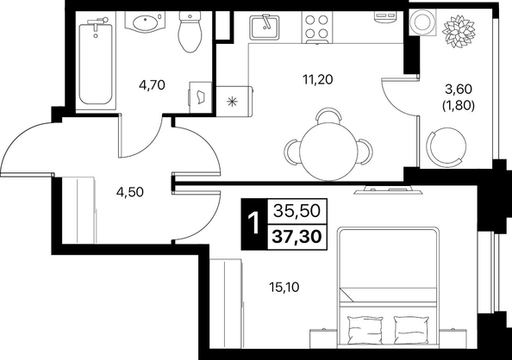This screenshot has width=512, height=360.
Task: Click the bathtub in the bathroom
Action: (97, 63)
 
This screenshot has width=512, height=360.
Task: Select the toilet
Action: (190, 32)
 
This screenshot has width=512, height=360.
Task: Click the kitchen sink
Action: (265, 27)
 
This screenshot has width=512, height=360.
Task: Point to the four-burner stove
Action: (316, 27)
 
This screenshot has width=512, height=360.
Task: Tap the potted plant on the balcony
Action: (458, 31)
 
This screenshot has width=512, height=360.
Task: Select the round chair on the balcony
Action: (446, 145)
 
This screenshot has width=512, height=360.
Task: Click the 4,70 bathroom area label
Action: (152, 85)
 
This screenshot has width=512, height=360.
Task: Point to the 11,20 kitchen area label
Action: (318, 79)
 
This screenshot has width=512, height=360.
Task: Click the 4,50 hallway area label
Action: (130, 192)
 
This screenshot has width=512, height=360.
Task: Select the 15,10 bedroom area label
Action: (284, 288)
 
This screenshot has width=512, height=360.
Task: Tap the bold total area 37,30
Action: (297, 236)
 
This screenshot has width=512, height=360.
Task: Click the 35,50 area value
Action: (297, 211)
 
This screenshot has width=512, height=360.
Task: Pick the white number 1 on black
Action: (253, 224)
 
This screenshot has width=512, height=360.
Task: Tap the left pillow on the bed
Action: (365, 329)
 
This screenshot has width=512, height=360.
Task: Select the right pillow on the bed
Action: (411, 329)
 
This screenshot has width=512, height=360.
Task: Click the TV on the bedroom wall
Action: (388, 190)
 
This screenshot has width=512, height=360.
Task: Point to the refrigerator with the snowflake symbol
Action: (234, 101)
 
